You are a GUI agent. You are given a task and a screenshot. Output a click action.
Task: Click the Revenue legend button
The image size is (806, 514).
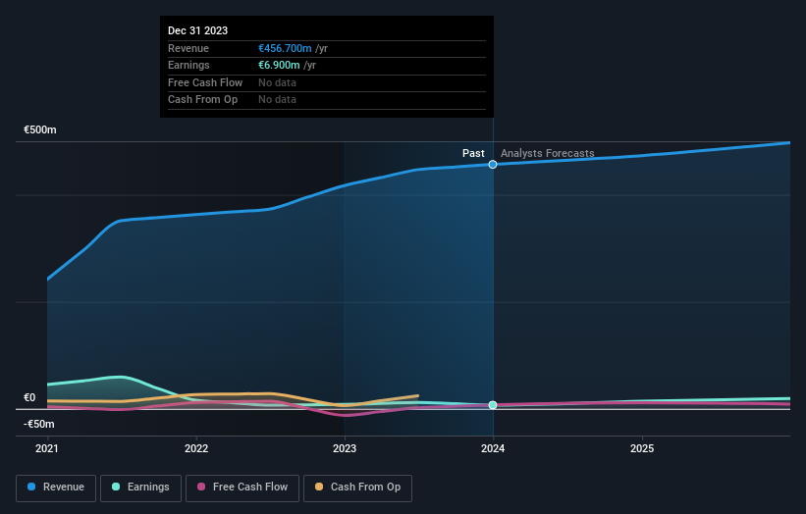[57, 487]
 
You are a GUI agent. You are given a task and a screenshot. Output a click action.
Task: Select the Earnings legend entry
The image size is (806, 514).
[140, 487]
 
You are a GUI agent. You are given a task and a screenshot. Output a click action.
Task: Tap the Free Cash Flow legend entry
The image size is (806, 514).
[242, 487]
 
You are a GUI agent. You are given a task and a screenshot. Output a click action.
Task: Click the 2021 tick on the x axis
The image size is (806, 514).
[47, 448]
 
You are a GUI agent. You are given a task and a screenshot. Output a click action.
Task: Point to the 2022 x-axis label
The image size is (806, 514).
[196, 448]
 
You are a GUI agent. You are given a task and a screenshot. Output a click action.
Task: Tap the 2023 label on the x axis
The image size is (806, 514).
[345, 448]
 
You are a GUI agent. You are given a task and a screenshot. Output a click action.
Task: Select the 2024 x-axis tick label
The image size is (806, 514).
[493, 448]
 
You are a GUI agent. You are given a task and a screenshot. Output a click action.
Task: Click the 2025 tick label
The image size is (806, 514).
[642, 448]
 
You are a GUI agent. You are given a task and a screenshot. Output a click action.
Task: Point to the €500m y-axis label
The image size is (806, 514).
[40, 129]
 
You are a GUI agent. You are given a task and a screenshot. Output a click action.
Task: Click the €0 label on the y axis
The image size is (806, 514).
[29, 397]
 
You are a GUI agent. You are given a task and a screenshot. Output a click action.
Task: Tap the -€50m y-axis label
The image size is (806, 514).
[39, 424]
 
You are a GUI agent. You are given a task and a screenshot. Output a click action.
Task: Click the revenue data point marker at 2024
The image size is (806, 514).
[493, 164]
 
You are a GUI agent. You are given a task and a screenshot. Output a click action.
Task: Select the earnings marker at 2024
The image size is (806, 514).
[493, 405]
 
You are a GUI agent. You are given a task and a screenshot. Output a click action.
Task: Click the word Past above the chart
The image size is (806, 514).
[473, 153]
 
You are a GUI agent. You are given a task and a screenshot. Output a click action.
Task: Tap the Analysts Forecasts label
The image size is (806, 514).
[547, 153]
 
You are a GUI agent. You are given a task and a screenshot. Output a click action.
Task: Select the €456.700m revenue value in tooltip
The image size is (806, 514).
[285, 48]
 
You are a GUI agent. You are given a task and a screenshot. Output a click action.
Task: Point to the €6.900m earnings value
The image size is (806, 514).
[280, 65]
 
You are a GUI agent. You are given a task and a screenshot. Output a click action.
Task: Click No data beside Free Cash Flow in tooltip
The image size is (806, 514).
[277, 82]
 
